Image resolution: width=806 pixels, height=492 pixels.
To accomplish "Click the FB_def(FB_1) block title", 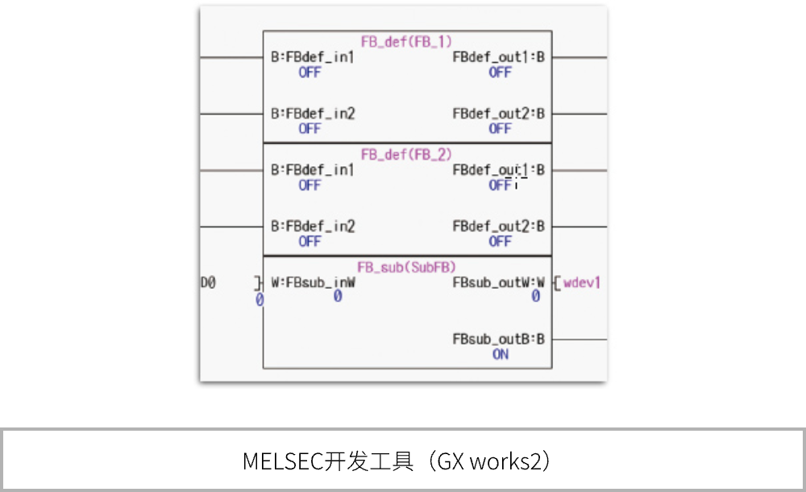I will (x=407, y=40).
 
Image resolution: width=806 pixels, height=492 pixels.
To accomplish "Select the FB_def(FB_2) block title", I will (x=407, y=154).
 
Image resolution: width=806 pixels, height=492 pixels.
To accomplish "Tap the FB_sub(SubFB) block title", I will (x=407, y=266).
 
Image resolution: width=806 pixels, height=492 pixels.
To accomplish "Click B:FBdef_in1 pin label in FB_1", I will (x=313, y=57).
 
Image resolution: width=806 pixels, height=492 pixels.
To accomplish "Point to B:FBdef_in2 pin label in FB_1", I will (x=313, y=114).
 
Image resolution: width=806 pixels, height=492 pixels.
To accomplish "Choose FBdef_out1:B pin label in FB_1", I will (x=499, y=57).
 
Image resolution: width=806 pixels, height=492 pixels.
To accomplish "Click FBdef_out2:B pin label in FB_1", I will (x=499, y=114).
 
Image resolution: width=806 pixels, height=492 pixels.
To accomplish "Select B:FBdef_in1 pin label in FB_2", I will (x=313, y=170).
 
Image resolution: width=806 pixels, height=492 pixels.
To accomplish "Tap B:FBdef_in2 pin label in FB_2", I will (x=313, y=227).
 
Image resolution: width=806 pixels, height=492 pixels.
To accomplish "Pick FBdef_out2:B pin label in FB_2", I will (x=499, y=227).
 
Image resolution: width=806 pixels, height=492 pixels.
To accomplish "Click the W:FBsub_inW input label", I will (x=314, y=283).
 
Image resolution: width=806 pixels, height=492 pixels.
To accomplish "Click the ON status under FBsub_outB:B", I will (x=501, y=354).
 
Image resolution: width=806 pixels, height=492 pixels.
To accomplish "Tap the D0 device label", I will (x=208, y=283).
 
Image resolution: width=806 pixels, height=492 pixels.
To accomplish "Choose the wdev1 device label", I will (x=582, y=283).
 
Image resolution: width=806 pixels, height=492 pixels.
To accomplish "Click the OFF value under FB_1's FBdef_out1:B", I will (x=500, y=72).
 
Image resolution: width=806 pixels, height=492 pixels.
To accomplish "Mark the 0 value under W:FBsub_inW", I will (x=338, y=297).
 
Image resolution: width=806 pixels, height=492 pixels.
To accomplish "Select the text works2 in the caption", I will (x=505, y=461).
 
